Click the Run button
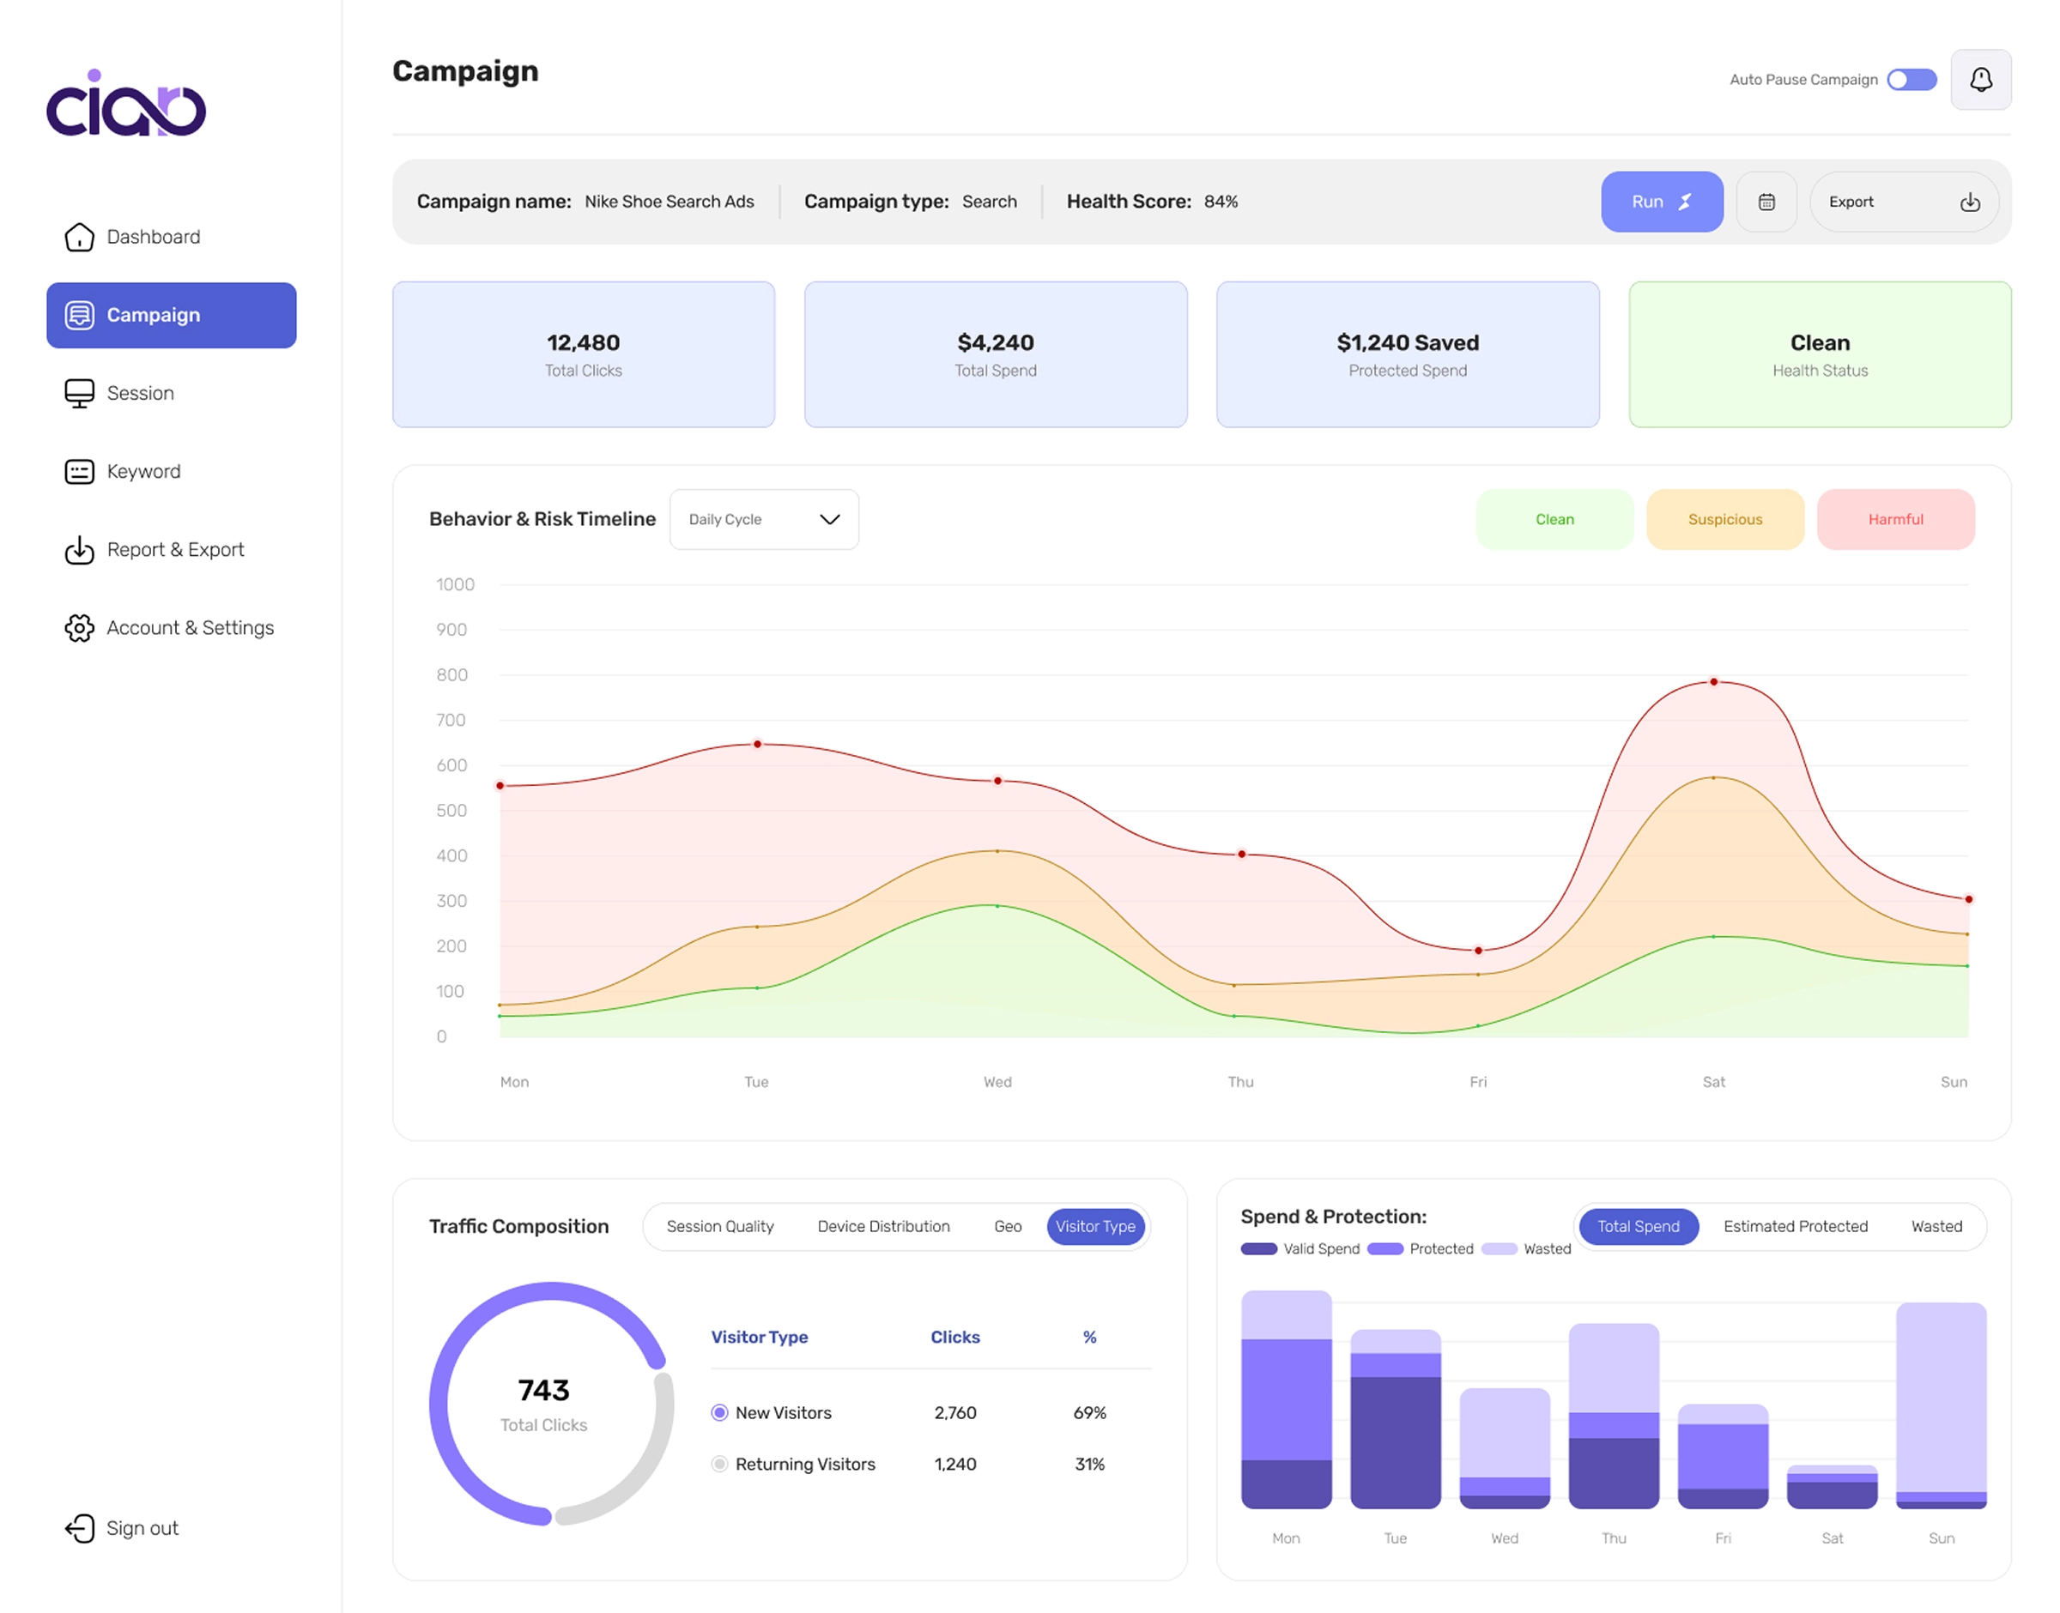(x=1662, y=201)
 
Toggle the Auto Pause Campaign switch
(x=1911, y=79)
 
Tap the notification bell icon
(x=1981, y=79)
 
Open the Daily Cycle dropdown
(x=764, y=519)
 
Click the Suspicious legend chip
(x=1724, y=519)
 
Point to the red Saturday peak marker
(x=1713, y=682)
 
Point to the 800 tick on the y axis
(x=451, y=675)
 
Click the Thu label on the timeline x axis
(x=1240, y=1082)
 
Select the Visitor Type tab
(x=1095, y=1226)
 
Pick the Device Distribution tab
(x=883, y=1226)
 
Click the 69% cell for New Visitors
(x=1089, y=1413)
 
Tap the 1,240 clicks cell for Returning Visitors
(x=955, y=1464)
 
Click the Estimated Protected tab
(x=1795, y=1226)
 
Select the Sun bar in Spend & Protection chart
(x=1941, y=1405)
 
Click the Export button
(x=1904, y=201)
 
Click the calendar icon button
(x=1766, y=201)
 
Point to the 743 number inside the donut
(x=543, y=1390)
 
